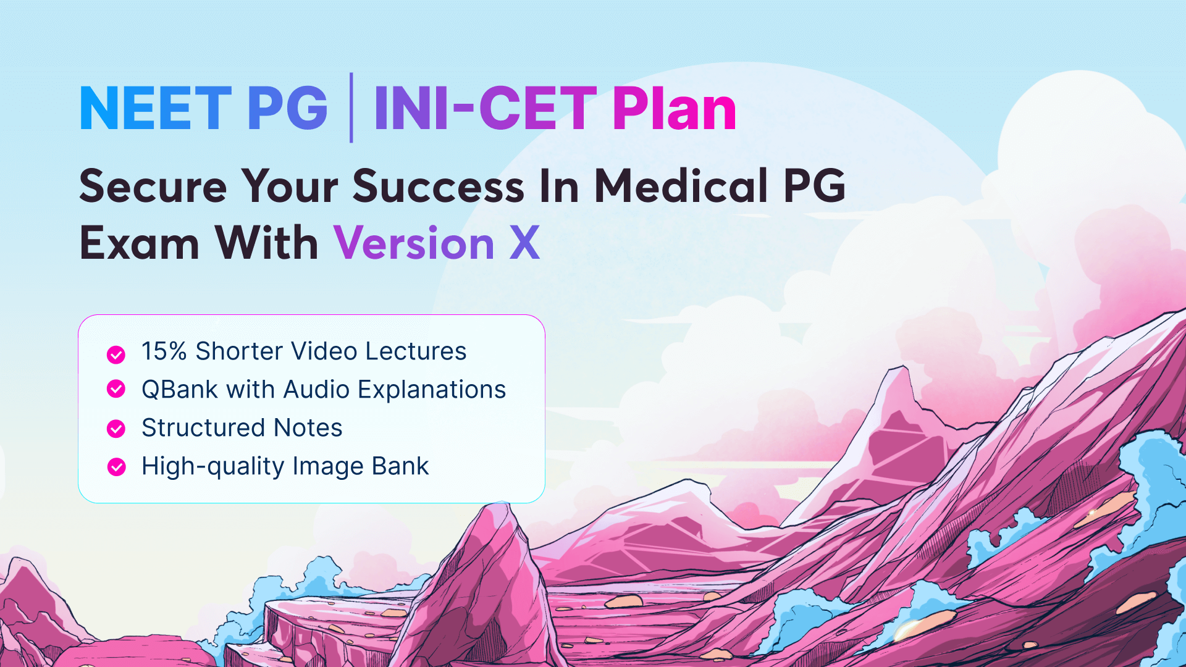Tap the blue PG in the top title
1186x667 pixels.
(287, 109)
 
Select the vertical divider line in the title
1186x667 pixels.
(351, 107)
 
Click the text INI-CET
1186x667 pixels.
(486, 109)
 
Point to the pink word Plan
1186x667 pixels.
(675, 109)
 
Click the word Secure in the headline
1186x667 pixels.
(153, 187)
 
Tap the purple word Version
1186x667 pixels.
(414, 243)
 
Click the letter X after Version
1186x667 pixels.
(524, 243)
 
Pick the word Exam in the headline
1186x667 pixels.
(140, 243)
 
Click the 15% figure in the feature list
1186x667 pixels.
(164, 351)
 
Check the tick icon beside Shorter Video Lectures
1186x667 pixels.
(116, 354)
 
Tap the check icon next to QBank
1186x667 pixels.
(116, 389)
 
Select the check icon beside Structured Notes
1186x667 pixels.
(116, 429)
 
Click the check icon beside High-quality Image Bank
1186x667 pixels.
(116, 467)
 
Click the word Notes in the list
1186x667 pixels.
(308, 428)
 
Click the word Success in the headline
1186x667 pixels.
(438, 187)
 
